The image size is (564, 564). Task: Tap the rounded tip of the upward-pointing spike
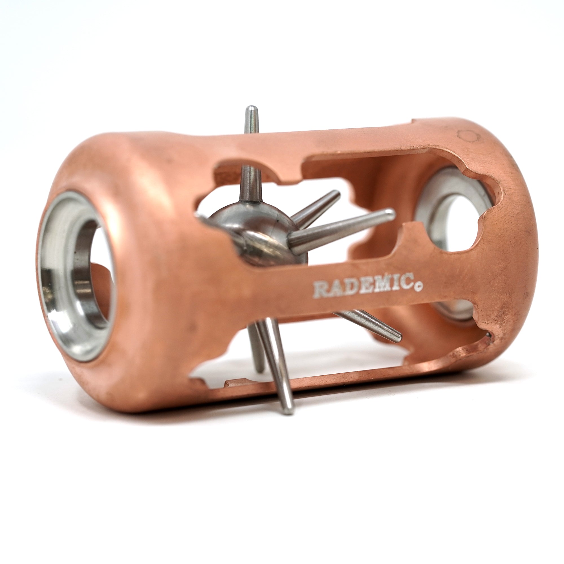(250, 108)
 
